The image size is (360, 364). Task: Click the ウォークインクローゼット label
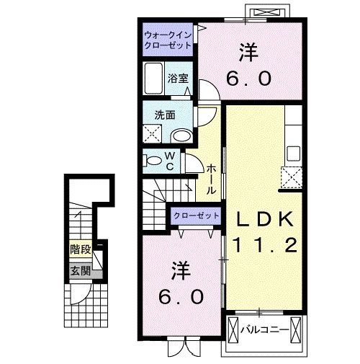[168, 40]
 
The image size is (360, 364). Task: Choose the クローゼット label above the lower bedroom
[197, 216]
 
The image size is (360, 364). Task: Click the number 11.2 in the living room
[263, 245]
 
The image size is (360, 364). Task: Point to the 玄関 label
[80, 271]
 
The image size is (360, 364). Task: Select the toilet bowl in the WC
[153, 160]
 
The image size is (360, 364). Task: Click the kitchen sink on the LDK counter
[293, 154]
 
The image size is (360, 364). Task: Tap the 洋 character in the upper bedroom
[249, 53]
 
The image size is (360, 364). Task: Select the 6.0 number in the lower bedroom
[181, 296]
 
